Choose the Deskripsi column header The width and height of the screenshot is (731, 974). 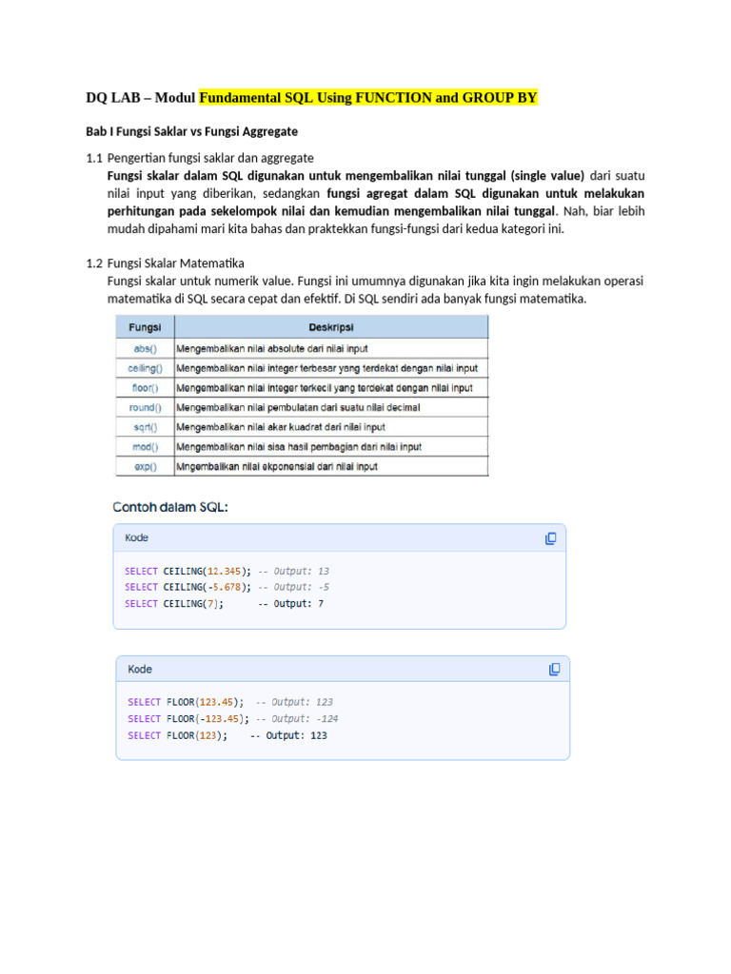pyautogui.click(x=331, y=327)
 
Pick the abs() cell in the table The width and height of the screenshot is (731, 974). pyautogui.click(x=145, y=348)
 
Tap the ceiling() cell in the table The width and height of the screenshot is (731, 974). pyautogui.click(x=145, y=368)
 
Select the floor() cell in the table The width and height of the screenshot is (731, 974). pyautogui.click(x=145, y=388)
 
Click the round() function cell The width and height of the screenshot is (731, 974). pyautogui.click(x=145, y=407)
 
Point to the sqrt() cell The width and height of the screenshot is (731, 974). pyautogui.click(x=145, y=427)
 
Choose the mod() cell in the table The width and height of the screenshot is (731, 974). pyautogui.click(x=145, y=446)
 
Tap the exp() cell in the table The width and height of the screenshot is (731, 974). pyautogui.click(x=145, y=466)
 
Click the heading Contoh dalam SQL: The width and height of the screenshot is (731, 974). pyautogui.click(x=170, y=507)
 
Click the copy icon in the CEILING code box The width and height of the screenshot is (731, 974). pyautogui.click(x=551, y=538)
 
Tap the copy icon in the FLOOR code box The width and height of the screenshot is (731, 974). pyautogui.click(x=554, y=670)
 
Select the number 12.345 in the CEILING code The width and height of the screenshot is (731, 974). pyautogui.click(x=225, y=571)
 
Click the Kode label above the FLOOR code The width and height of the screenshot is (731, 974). pyautogui.click(x=140, y=670)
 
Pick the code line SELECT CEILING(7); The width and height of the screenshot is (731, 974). pyautogui.click(x=174, y=603)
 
